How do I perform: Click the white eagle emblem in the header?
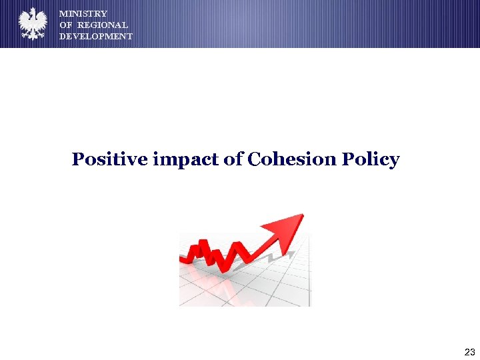click(32, 25)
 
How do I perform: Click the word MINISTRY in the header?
click(83, 13)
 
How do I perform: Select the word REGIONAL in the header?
click(103, 25)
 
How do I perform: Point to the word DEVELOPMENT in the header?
click(96, 36)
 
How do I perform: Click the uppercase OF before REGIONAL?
click(66, 25)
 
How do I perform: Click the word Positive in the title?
click(109, 160)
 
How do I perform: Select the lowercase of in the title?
click(233, 160)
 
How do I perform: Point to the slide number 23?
click(469, 352)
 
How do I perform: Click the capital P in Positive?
click(78, 160)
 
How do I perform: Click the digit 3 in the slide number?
click(472, 352)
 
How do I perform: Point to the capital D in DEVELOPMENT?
click(63, 36)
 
